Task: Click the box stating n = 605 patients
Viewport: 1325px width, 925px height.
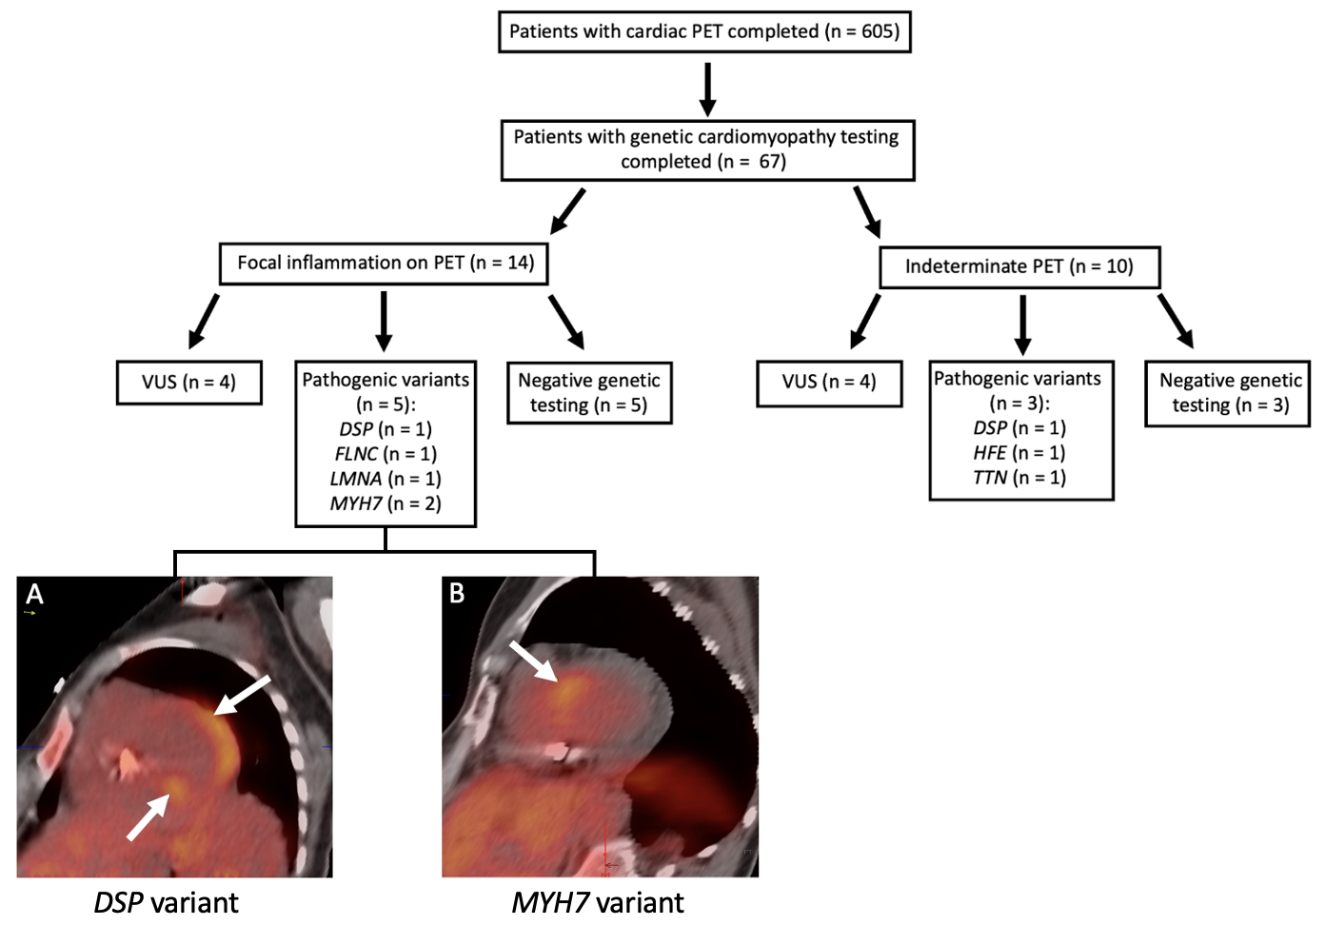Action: tap(704, 31)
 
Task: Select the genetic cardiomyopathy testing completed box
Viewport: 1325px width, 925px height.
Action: tap(707, 149)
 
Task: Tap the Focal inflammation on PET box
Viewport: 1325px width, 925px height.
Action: tap(385, 263)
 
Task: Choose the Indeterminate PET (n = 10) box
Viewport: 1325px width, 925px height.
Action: tap(1018, 266)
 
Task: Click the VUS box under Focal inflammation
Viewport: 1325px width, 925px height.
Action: tap(188, 382)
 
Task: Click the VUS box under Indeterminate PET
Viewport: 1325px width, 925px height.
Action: tap(828, 382)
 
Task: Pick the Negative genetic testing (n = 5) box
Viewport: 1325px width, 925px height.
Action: tap(589, 392)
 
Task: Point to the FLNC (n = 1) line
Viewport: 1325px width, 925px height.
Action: tap(386, 454)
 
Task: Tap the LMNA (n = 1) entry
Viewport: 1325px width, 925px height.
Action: tap(386, 479)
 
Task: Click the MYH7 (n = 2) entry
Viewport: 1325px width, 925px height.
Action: tap(386, 503)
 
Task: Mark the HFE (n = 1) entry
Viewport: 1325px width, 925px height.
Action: tap(1019, 453)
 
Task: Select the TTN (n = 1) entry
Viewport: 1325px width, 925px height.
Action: tap(1019, 478)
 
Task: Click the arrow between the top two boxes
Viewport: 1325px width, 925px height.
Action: tap(707, 89)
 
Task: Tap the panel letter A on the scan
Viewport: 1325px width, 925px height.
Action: tap(35, 595)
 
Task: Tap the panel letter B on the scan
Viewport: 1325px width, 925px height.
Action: tap(457, 594)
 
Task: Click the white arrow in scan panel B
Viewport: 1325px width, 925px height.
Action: tap(533, 660)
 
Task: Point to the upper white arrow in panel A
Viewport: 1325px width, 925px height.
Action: tap(242, 695)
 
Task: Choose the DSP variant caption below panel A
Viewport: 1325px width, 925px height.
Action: tap(167, 902)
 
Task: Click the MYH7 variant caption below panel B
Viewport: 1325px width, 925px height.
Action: tap(598, 902)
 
